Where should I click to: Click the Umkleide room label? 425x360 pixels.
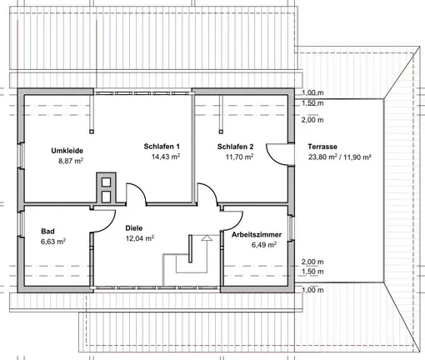(x=67, y=150)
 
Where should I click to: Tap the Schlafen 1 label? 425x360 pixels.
(x=162, y=146)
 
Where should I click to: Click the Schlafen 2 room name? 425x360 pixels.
(x=236, y=146)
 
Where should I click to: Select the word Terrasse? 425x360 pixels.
(x=324, y=146)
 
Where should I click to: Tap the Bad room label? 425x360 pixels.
(x=49, y=231)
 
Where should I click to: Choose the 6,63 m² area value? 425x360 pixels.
(x=53, y=242)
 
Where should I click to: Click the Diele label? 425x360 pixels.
(x=134, y=227)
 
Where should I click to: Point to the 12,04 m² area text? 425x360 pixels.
(x=138, y=237)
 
